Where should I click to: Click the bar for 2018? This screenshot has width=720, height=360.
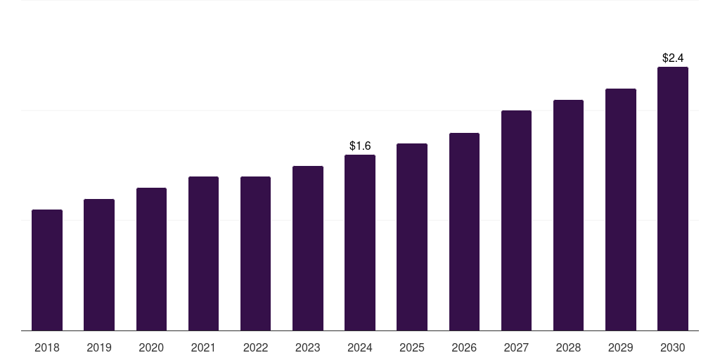point(47,270)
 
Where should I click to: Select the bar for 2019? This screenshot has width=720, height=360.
point(99,265)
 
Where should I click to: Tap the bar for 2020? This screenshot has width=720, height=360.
point(151,259)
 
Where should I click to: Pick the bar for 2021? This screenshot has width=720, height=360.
point(203,254)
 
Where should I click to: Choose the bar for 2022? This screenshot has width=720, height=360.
point(255,254)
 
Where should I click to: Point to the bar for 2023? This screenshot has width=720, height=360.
point(308,248)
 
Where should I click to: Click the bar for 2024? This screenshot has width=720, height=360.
point(360,243)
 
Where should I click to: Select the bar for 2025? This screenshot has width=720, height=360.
point(412,237)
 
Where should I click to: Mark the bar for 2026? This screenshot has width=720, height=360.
point(464,232)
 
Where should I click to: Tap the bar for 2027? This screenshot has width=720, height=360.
point(516,221)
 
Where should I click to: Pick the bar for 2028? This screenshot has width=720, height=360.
point(568,215)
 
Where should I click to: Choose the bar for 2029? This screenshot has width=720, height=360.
point(621,210)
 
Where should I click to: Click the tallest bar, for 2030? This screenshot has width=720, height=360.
point(673,199)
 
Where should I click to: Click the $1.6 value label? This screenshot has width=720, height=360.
point(360,146)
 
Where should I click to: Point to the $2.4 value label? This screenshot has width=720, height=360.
point(673,58)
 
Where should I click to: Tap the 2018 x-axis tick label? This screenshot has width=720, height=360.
point(47,347)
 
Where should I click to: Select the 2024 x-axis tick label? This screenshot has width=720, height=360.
point(360,347)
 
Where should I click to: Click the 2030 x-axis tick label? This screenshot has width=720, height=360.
point(673,347)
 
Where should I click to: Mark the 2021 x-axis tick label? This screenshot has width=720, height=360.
point(203,347)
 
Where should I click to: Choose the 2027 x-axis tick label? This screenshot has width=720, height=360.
point(516,347)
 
